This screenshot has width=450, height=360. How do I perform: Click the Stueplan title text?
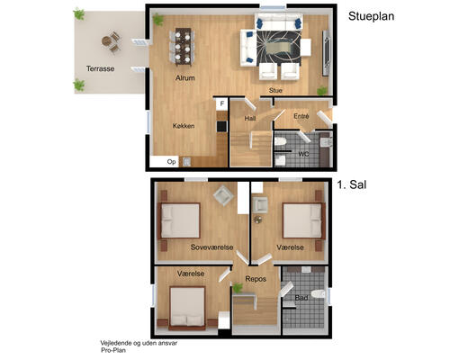coord(371,16)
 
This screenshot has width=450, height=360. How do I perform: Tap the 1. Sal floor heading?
coord(352,184)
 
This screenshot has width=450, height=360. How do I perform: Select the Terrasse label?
coord(101,68)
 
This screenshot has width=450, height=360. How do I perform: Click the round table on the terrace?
coord(106,40)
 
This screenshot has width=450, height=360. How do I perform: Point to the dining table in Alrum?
coord(183,47)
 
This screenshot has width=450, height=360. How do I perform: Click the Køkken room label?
coord(184,126)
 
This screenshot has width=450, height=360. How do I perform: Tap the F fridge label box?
coord(222,103)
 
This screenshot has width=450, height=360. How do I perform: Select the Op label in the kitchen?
coord(171,162)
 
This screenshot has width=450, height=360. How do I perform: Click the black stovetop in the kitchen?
coord(221,126)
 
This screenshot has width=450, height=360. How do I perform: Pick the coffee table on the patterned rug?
coord(278,48)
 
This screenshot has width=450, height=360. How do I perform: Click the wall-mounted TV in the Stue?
coord(326,53)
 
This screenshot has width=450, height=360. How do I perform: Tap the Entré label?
coord(301,116)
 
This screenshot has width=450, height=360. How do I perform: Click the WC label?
coord(303,154)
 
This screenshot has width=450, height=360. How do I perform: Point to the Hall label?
coord(250,119)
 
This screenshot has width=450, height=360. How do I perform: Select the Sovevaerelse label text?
coord(211,247)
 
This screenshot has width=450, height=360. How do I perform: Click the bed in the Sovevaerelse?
coord(179,220)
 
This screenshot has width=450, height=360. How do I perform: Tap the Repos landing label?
coord(256,279)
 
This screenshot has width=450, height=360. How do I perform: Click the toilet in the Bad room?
coord(318,294)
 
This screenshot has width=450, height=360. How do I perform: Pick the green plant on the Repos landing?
coord(238,288)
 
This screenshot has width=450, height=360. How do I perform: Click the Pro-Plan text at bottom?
coord(113,350)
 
